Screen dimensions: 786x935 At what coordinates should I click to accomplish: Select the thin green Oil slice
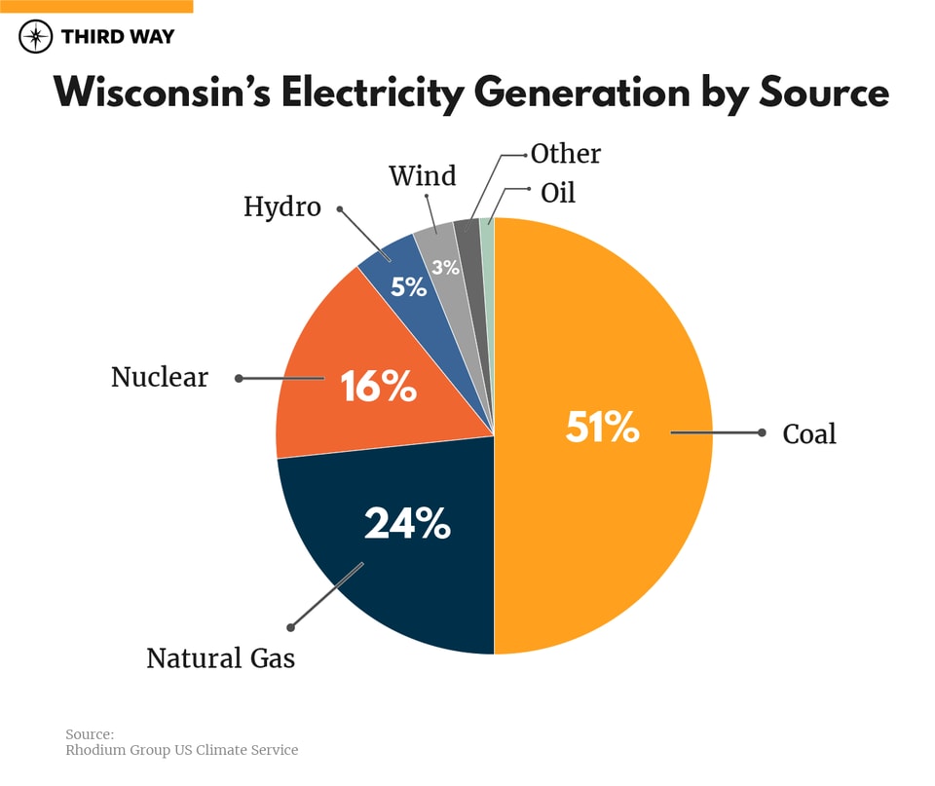tap(488, 234)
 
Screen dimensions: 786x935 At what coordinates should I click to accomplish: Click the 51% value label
tap(602, 428)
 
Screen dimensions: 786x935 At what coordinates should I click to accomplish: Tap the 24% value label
tap(407, 524)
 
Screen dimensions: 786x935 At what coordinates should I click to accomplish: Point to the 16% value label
tap(378, 388)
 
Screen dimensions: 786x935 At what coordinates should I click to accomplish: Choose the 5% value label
tap(409, 287)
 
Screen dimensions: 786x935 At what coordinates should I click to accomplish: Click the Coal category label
tap(809, 433)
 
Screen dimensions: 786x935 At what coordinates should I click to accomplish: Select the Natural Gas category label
tap(220, 659)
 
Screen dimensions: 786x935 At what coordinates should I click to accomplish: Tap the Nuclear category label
tap(160, 377)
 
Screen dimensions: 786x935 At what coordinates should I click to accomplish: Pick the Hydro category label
tap(282, 206)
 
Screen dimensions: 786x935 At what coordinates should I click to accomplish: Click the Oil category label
tap(558, 193)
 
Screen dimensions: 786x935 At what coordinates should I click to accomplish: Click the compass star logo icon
tap(36, 37)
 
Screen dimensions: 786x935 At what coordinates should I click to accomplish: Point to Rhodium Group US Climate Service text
tap(182, 750)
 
